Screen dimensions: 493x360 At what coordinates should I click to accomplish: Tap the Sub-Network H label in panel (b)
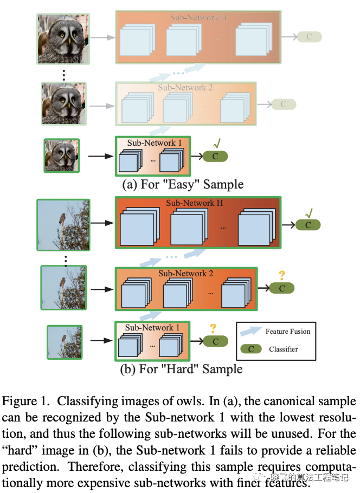click(195, 203)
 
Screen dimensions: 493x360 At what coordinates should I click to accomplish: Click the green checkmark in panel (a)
click(216, 144)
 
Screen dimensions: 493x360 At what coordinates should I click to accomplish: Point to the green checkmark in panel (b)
click(309, 213)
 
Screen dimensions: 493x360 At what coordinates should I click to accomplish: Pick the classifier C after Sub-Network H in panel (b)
click(308, 225)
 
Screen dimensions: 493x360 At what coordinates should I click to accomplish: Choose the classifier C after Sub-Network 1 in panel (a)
click(215, 157)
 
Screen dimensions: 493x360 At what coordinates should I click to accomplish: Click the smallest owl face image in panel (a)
click(61, 156)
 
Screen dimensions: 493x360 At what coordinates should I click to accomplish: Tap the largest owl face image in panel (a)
click(63, 38)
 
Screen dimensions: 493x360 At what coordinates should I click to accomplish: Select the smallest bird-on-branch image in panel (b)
click(64, 342)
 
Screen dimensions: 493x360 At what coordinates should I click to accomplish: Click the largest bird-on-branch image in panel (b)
click(62, 224)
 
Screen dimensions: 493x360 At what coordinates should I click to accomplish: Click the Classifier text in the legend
click(283, 349)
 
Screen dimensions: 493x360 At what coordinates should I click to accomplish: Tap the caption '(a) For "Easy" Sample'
click(183, 184)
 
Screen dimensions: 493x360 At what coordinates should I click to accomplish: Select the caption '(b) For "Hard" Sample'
click(181, 369)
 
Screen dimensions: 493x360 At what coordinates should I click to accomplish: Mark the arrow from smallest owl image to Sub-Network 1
click(99, 156)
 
